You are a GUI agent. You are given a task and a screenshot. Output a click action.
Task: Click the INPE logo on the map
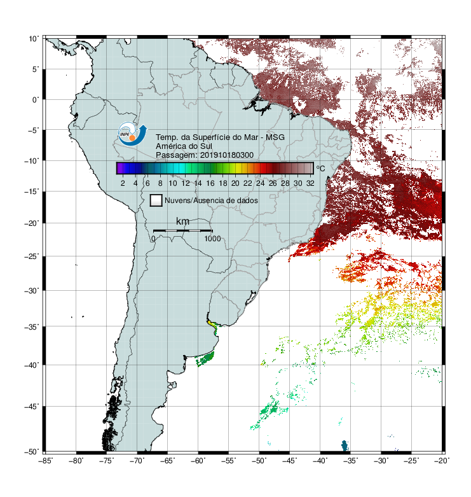132,134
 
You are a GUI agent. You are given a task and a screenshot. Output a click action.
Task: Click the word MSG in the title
275,137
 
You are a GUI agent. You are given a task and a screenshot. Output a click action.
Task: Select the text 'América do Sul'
184,146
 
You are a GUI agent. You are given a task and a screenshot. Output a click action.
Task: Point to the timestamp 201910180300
227,155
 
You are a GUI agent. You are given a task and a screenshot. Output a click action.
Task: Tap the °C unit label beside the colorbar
320,168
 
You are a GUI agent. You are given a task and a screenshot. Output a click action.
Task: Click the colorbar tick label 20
235,183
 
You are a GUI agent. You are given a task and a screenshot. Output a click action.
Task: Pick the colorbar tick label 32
310,183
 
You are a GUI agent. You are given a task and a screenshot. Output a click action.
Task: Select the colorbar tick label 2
123,183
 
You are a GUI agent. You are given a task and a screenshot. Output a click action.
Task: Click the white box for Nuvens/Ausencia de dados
156,200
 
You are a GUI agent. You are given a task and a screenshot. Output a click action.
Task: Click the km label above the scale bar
182,221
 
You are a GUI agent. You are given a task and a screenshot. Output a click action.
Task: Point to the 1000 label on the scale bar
212,239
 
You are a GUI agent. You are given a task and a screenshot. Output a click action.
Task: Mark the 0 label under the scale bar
153,239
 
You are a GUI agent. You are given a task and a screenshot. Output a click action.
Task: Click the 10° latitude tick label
34,39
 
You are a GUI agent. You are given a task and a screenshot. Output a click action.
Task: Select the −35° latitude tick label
32,326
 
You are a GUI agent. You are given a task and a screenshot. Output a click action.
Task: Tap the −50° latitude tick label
32,451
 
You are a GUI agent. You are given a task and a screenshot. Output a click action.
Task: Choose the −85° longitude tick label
46,461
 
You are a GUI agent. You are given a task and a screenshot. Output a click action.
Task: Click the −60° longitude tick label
198,461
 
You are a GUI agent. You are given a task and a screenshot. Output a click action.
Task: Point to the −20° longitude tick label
442,461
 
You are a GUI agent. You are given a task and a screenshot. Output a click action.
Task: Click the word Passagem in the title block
176,155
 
